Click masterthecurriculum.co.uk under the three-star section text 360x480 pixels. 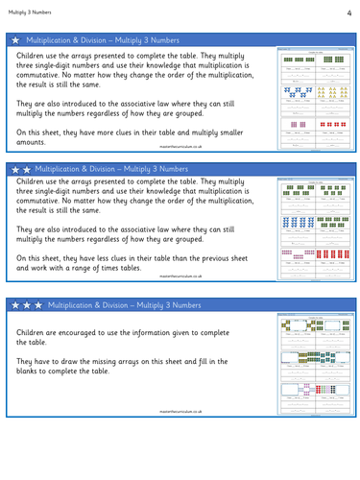[182, 408]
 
